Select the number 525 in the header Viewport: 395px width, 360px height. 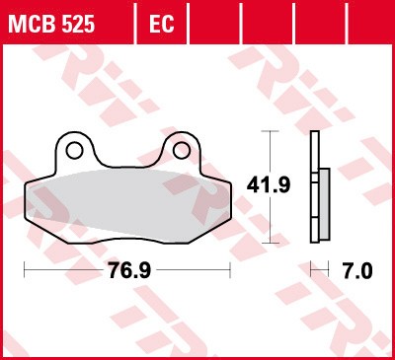[77, 23]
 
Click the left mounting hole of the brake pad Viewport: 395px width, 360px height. [74, 150]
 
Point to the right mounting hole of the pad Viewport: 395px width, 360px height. [181, 150]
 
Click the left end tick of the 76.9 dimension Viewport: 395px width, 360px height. [24, 269]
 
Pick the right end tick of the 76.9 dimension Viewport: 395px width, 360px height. [230, 269]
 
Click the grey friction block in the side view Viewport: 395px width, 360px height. [324, 203]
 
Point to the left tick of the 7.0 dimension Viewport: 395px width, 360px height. [310, 269]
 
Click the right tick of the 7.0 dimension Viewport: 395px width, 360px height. [329, 269]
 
